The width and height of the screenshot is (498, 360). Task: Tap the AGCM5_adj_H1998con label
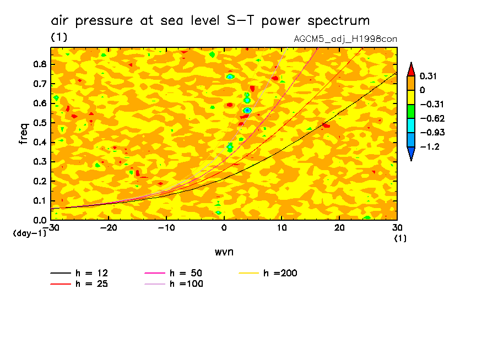(x=346, y=39)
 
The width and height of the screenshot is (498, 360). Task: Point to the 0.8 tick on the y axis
(x=39, y=64)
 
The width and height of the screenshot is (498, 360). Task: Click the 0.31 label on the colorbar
(x=428, y=76)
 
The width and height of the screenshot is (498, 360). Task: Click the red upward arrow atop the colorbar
(x=411, y=69)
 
